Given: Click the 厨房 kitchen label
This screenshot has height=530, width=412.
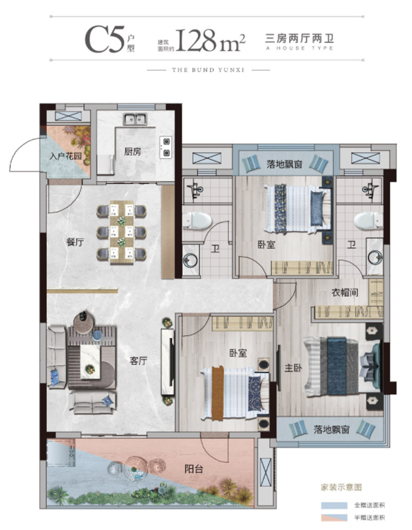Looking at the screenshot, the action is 132,151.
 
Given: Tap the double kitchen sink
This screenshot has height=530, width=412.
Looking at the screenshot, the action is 135,118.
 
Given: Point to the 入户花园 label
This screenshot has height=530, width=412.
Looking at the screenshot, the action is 65,156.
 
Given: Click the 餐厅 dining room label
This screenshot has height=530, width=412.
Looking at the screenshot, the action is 75,242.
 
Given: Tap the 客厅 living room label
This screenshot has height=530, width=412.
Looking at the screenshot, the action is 138,361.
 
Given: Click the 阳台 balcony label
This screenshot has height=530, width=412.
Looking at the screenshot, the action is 194,469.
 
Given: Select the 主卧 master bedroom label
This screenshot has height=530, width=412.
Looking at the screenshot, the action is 293,368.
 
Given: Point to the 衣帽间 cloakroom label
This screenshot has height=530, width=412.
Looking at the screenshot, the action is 345,292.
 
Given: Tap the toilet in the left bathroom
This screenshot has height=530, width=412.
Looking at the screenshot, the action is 197,221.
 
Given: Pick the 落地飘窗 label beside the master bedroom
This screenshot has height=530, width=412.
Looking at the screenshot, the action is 331,430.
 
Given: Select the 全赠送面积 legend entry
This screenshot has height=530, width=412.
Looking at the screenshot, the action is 369,505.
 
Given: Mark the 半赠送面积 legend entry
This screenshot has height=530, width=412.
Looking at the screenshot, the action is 369,517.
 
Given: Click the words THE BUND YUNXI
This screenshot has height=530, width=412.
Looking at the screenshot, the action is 208,70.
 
